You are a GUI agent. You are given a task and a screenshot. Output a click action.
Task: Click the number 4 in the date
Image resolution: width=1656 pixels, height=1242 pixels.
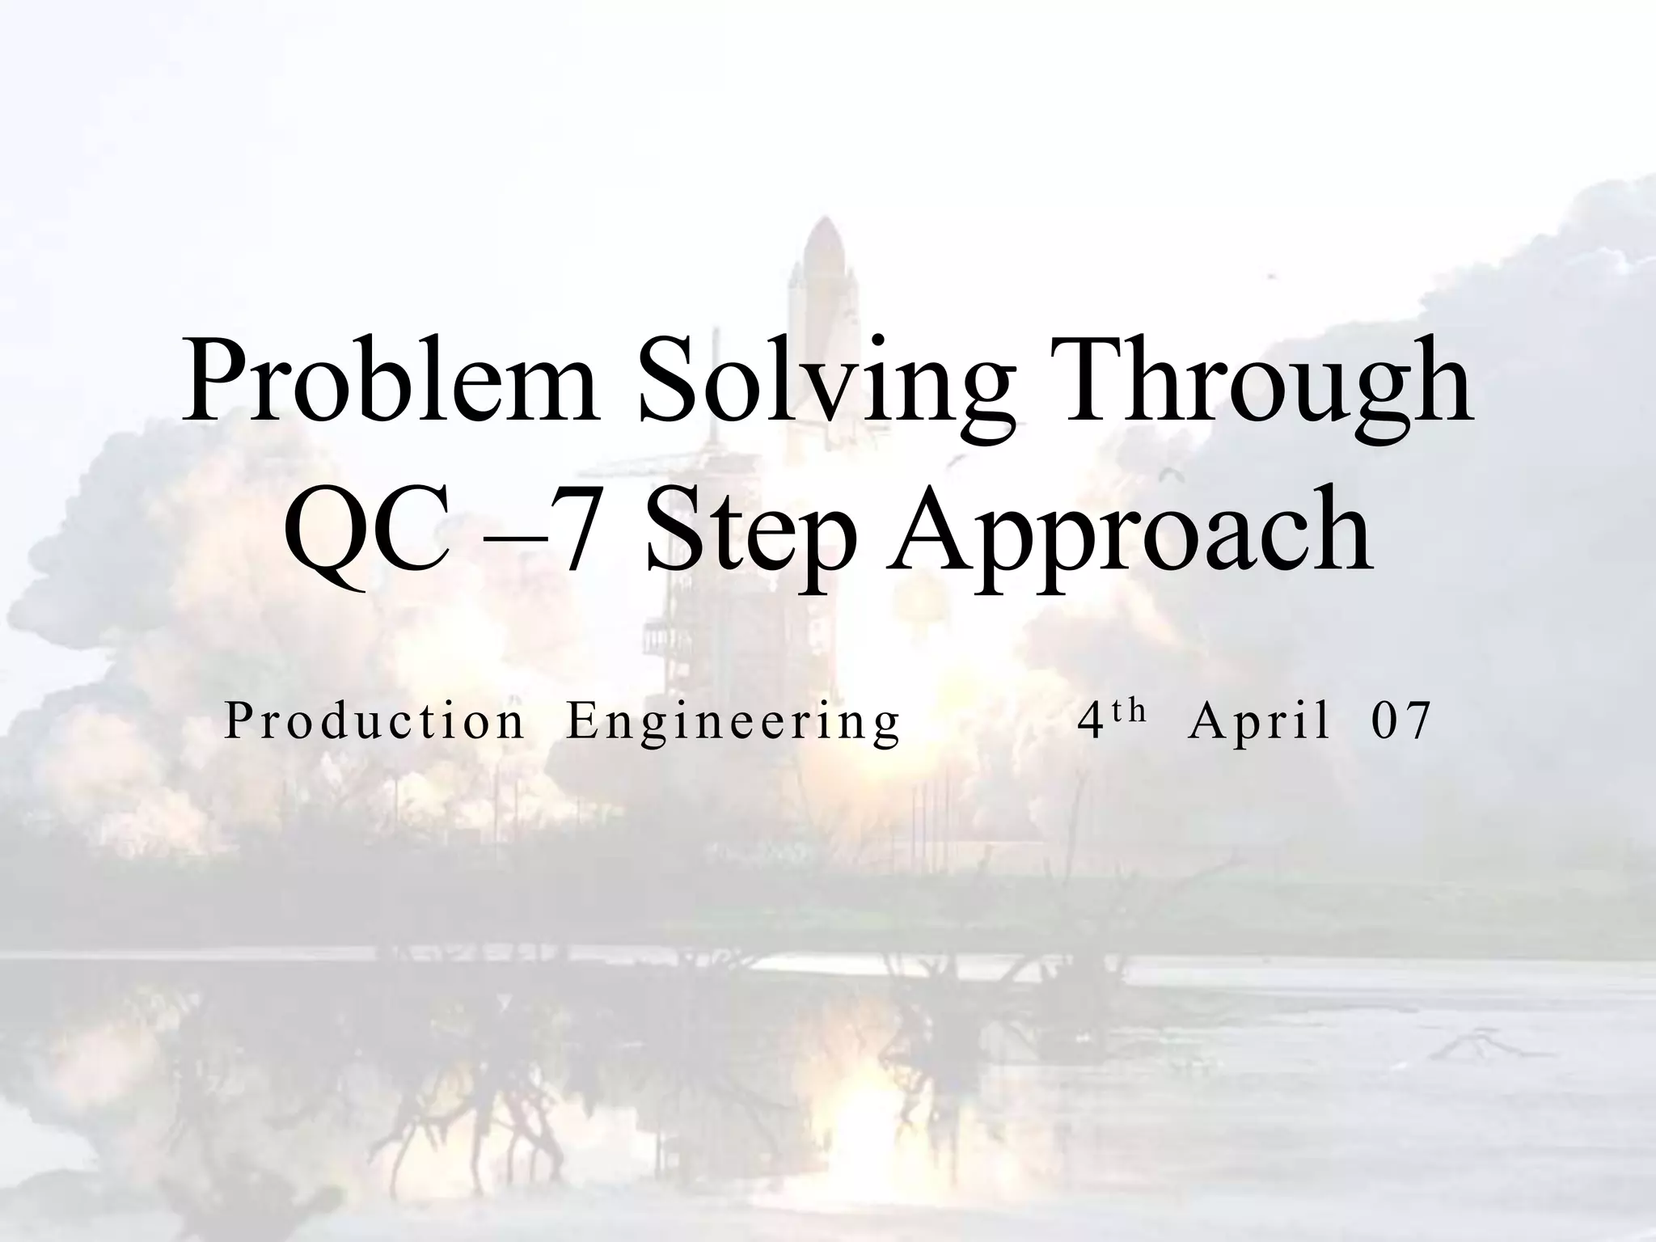(x=1091, y=720)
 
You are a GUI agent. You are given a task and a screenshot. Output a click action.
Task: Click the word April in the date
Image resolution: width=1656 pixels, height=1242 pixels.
(x=1259, y=722)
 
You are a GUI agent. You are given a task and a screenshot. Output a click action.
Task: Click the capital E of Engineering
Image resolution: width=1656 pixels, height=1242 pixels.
(x=580, y=720)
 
